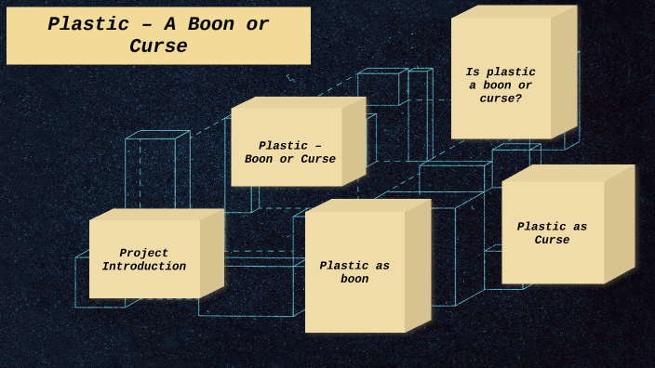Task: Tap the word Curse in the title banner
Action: (158, 46)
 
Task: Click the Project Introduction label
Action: (144, 260)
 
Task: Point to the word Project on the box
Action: (144, 254)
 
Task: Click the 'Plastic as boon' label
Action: (354, 272)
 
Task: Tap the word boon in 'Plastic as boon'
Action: (354, 280)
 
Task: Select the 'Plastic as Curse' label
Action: (552, 233)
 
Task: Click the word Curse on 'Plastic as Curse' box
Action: (552, 241)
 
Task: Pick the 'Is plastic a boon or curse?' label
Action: (501, 85)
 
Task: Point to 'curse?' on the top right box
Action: (501, 99)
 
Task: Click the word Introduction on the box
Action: (144, 268)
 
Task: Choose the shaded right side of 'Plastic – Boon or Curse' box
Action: (354, 142)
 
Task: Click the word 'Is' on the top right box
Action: (473, 72)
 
